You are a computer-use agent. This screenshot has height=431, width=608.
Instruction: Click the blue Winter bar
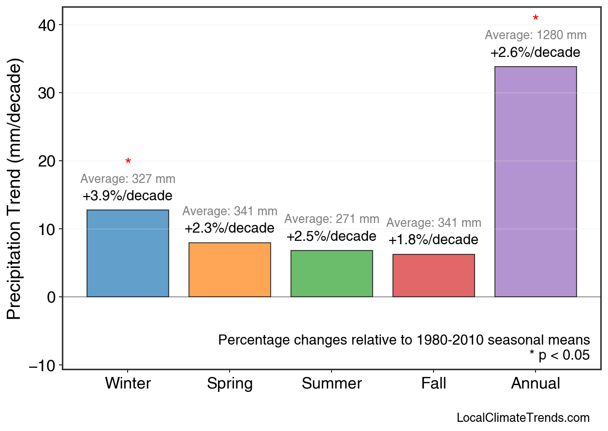click(128, 253)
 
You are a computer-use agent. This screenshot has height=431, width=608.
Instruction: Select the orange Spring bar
click(230, 270)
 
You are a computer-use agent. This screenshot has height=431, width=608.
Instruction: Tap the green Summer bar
click(332, 274)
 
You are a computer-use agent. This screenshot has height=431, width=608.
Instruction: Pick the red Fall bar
click(434, 276)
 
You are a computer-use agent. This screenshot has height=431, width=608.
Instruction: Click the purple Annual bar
click(536, 181)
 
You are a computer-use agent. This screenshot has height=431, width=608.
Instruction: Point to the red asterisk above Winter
click(128, 162)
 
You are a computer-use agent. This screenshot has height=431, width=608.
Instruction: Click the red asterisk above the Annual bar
click(536, 19)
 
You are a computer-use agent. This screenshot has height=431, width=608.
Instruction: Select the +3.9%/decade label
click(128, 196)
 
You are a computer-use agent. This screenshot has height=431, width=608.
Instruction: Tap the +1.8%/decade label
click(434, 240)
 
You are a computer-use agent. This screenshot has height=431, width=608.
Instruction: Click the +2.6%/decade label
click(536, 53)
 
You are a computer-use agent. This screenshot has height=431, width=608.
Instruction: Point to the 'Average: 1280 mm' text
click(536, 35)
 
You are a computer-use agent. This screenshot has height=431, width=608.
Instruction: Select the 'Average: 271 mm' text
click(332, 219)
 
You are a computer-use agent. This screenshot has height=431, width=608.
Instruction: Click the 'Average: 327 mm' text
click(128, 179)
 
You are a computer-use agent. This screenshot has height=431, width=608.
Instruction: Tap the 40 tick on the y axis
click(47, 25)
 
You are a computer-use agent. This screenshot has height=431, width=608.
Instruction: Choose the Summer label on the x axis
click(332, 384)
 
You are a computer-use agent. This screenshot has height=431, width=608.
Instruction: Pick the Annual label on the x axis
click(536, 384)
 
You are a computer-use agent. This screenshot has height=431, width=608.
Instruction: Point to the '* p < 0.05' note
click(559, 355)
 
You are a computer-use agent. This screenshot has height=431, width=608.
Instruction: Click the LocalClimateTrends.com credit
click(523, 418)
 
